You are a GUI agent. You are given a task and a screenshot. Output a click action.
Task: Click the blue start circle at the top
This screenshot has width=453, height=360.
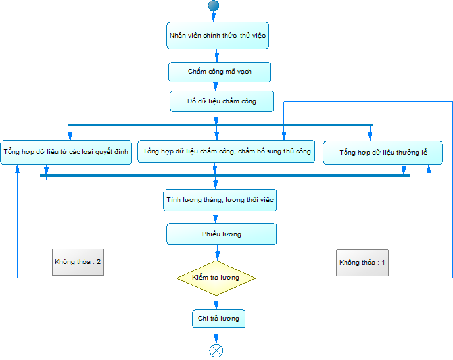click(214, 5)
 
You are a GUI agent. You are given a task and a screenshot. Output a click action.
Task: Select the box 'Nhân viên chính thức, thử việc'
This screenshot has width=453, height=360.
click(218, 36)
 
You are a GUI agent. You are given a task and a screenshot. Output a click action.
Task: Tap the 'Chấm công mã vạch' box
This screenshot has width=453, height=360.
click(220, 72)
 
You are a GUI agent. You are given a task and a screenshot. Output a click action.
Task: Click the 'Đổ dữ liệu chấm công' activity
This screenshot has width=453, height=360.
click(222, 101)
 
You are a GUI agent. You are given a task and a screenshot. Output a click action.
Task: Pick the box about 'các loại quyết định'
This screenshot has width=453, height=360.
click(66, 152)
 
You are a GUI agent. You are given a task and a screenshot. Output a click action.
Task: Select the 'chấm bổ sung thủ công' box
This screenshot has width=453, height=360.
click(226, 151)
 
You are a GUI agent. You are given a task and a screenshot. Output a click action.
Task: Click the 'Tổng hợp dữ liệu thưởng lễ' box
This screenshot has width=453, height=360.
click(383, 153)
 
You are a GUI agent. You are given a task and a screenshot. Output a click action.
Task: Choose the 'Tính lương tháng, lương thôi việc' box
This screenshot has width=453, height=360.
click(220, 200)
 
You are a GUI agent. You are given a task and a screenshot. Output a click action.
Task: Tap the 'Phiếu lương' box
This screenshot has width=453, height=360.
click(222, 234)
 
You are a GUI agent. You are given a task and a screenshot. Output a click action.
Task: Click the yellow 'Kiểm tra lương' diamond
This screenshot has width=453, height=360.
click(216, 278)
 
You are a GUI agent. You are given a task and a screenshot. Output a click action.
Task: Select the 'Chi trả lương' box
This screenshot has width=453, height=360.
click(219, 319)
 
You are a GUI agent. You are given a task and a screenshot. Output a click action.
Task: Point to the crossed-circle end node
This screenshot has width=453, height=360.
click(216, 351)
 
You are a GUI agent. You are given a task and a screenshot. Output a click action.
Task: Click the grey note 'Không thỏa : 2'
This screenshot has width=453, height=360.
click(78, 262)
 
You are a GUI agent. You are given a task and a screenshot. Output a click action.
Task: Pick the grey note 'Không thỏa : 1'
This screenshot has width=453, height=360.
click(362, 263)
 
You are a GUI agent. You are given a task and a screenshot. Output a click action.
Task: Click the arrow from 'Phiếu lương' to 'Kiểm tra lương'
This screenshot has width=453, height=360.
click(217, 253)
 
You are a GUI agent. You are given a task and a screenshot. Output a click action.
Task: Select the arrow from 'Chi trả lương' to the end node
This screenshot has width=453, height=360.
click(216, 336)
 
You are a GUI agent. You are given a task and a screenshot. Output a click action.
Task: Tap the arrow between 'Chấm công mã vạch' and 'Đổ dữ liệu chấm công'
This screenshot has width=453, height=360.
click(215, 86)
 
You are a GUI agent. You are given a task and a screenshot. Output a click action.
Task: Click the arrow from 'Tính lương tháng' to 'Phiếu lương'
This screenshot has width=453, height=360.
click(216, 217)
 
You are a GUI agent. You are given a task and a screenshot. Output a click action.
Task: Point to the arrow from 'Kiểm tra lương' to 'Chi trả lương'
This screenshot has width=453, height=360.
click(216, 303)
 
